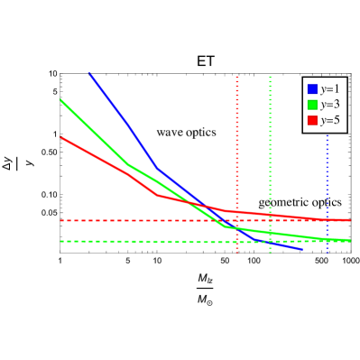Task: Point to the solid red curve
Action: point(99,158)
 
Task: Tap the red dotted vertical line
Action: point(237,135)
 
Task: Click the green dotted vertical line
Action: point(270,135)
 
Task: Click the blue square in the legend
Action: point(312,89)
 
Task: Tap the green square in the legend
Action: point(312,105)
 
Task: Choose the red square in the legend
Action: point(312,120)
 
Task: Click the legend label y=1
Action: point(329,89)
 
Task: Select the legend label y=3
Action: point(329,105)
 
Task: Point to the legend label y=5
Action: point(329,120)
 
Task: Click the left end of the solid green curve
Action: point(60,99)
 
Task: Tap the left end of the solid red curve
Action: point(60,137)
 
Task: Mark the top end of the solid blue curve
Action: point(89,73)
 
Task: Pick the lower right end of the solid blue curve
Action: point(300,249)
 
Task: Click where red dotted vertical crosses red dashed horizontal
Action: point(237,220)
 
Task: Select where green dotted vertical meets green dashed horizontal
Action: point(270,242)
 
